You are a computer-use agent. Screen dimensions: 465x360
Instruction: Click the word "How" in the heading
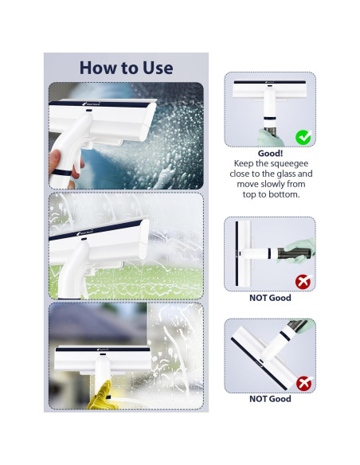100,68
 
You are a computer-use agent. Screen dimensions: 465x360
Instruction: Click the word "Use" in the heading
155,68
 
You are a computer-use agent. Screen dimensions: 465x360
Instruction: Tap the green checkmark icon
303,138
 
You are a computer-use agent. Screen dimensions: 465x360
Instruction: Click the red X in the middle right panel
303,281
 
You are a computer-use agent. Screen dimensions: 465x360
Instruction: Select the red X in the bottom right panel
303,383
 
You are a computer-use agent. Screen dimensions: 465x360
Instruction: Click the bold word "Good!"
270,154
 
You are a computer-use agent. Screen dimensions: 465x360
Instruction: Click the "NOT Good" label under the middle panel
270,299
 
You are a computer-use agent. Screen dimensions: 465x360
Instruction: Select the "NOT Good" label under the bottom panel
270,399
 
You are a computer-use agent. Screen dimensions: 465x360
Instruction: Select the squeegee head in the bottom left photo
102,358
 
